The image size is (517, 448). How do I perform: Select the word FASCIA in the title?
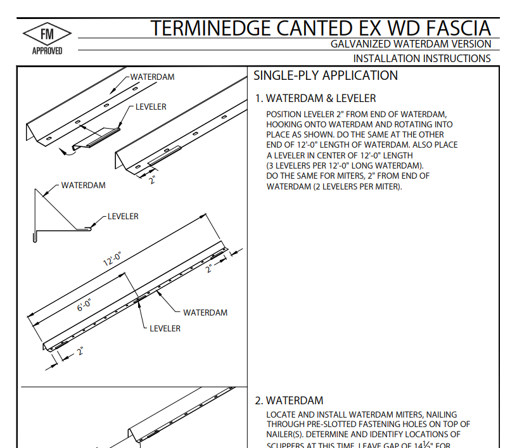pos(457,29)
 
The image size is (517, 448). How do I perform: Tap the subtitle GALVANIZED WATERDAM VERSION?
pos(411,44)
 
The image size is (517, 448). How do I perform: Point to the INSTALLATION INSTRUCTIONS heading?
pos(421,58)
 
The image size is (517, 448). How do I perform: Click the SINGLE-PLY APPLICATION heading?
pos(326,76)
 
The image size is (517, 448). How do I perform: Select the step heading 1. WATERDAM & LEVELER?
pos(315,98)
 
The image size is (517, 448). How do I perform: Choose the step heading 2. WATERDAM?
pos(289,400)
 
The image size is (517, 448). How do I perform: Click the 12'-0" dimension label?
pos(112,260)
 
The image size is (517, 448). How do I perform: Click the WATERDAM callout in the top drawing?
pos(152,77)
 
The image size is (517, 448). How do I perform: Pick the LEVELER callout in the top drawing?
pos(151,106)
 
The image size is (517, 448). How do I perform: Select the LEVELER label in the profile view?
pos(123,216)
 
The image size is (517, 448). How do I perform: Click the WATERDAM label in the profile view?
pos(83,186)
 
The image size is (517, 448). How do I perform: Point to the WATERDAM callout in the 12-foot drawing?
pos(205,312)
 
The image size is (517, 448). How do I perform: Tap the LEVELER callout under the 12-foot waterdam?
pos(165,328)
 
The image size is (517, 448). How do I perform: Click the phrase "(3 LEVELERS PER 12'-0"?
pos(310,165)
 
